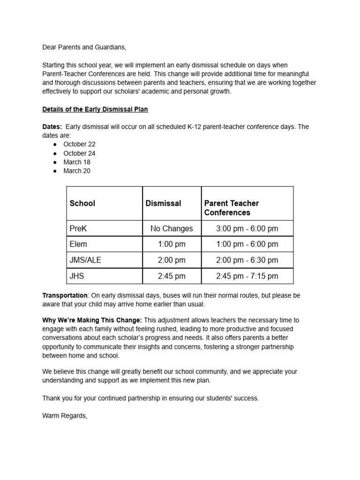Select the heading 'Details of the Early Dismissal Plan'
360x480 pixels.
[x=95, y=109]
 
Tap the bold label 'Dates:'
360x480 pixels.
[x=52, y=127]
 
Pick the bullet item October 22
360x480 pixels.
[x=79, y=144]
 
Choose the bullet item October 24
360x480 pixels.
[x=79, y=153]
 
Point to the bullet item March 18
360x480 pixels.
[x=77, y=162]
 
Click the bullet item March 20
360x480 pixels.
[x=77, y=171]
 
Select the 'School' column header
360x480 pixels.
[x=82, y=203]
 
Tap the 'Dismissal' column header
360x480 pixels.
[x=163, y=203]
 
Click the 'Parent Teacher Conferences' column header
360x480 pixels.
[x=232, y=208]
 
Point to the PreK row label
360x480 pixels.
[x=78, y=229]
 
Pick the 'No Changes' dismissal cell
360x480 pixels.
[x=172, y=229]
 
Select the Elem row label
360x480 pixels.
[x=78, y=244]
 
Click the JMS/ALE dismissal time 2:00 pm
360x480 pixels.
[x=172, y=260]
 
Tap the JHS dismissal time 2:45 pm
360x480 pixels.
[x=172, y=276]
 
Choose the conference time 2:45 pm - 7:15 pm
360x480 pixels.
[x=247, y=276]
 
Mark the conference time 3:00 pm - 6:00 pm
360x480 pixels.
[x=247, y=229]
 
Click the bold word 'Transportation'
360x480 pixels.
[x=65, y=295]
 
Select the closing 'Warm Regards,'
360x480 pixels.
[x=65, y=415]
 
